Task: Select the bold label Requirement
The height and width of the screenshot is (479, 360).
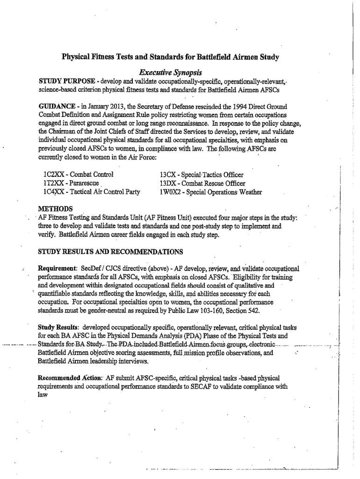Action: click(57, 269)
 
